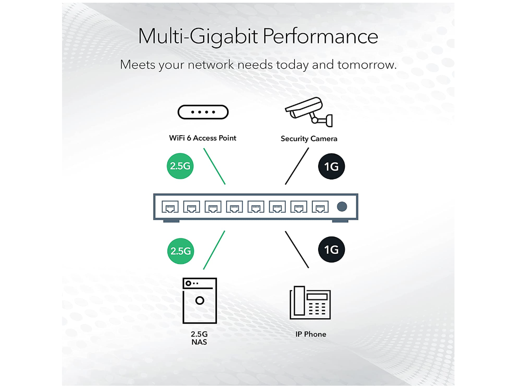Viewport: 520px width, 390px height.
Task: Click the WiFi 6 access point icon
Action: click(203, 112)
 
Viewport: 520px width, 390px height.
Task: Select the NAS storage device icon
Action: click(199, 301)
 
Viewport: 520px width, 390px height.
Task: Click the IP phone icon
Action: click(310, 303)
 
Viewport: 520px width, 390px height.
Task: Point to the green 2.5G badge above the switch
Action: click(180, 166)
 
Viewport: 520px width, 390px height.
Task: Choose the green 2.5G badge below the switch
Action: click(180, 251)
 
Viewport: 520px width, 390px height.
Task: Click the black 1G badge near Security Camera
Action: click(331, 166)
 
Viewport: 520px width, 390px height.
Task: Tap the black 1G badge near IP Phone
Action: click(331, 249)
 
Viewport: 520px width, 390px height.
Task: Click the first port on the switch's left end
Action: click(170, 207)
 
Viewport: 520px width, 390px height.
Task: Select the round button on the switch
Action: click(342, 207)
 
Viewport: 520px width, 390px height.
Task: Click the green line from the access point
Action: click(214, 166)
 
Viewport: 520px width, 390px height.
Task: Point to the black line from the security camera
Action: click(297, 166)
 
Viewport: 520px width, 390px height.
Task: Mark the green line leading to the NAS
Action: click(214, 250)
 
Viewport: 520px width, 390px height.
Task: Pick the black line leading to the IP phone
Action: click(297, 249)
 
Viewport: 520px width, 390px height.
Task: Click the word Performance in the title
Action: click(321, 36)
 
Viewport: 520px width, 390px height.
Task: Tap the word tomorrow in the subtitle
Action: click(366, 65)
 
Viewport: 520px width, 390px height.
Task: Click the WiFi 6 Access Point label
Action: click(203, 138)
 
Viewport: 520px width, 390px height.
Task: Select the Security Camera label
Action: click(309, 139)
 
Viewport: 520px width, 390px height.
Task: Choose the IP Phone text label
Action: click(311, 334)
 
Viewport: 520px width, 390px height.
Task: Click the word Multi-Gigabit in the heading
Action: click(198, 36)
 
